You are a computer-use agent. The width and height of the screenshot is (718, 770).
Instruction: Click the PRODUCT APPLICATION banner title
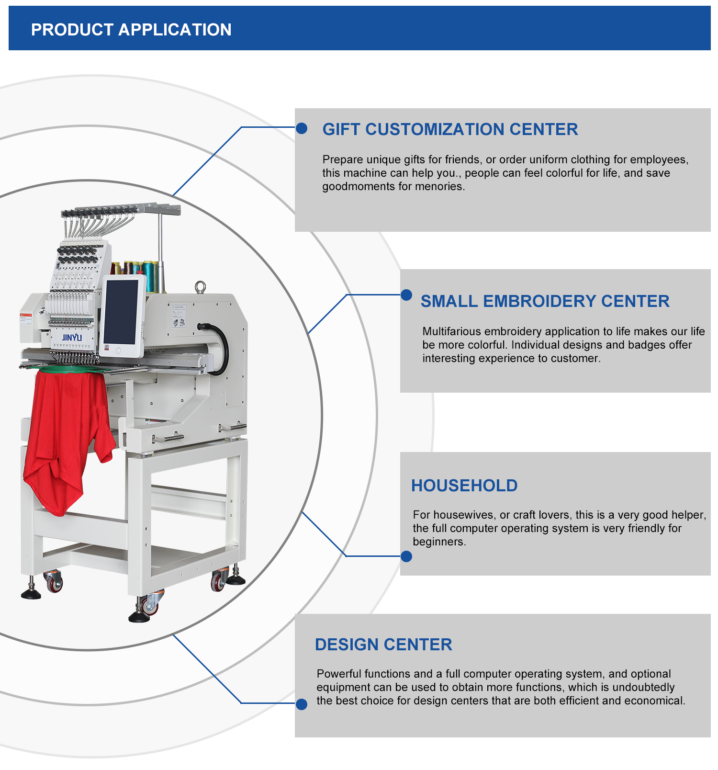click(x=131, y=30)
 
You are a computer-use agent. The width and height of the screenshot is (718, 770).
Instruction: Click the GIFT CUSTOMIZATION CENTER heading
click(x=450, y=129)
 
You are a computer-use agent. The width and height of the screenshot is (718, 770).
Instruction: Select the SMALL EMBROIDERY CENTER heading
click(x=545, y=301)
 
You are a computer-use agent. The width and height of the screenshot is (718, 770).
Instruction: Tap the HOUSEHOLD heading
click(x=464, y=486)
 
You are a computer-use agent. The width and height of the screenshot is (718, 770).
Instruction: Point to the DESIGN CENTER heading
click(x=383, y=645)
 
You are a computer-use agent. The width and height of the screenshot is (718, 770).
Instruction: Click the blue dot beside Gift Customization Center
click(x=302, y=128)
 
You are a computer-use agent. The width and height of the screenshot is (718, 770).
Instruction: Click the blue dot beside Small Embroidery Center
click(x=406, y=295)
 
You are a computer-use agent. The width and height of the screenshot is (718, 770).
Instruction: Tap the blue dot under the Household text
click(x=406, y=556)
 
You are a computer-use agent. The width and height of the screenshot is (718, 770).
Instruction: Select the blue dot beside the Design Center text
click(x=302, y=704)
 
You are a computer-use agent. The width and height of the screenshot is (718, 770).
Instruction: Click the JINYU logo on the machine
click(x=72, y=337)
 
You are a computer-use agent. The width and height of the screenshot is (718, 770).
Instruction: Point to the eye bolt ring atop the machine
click(x=200, y=286)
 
